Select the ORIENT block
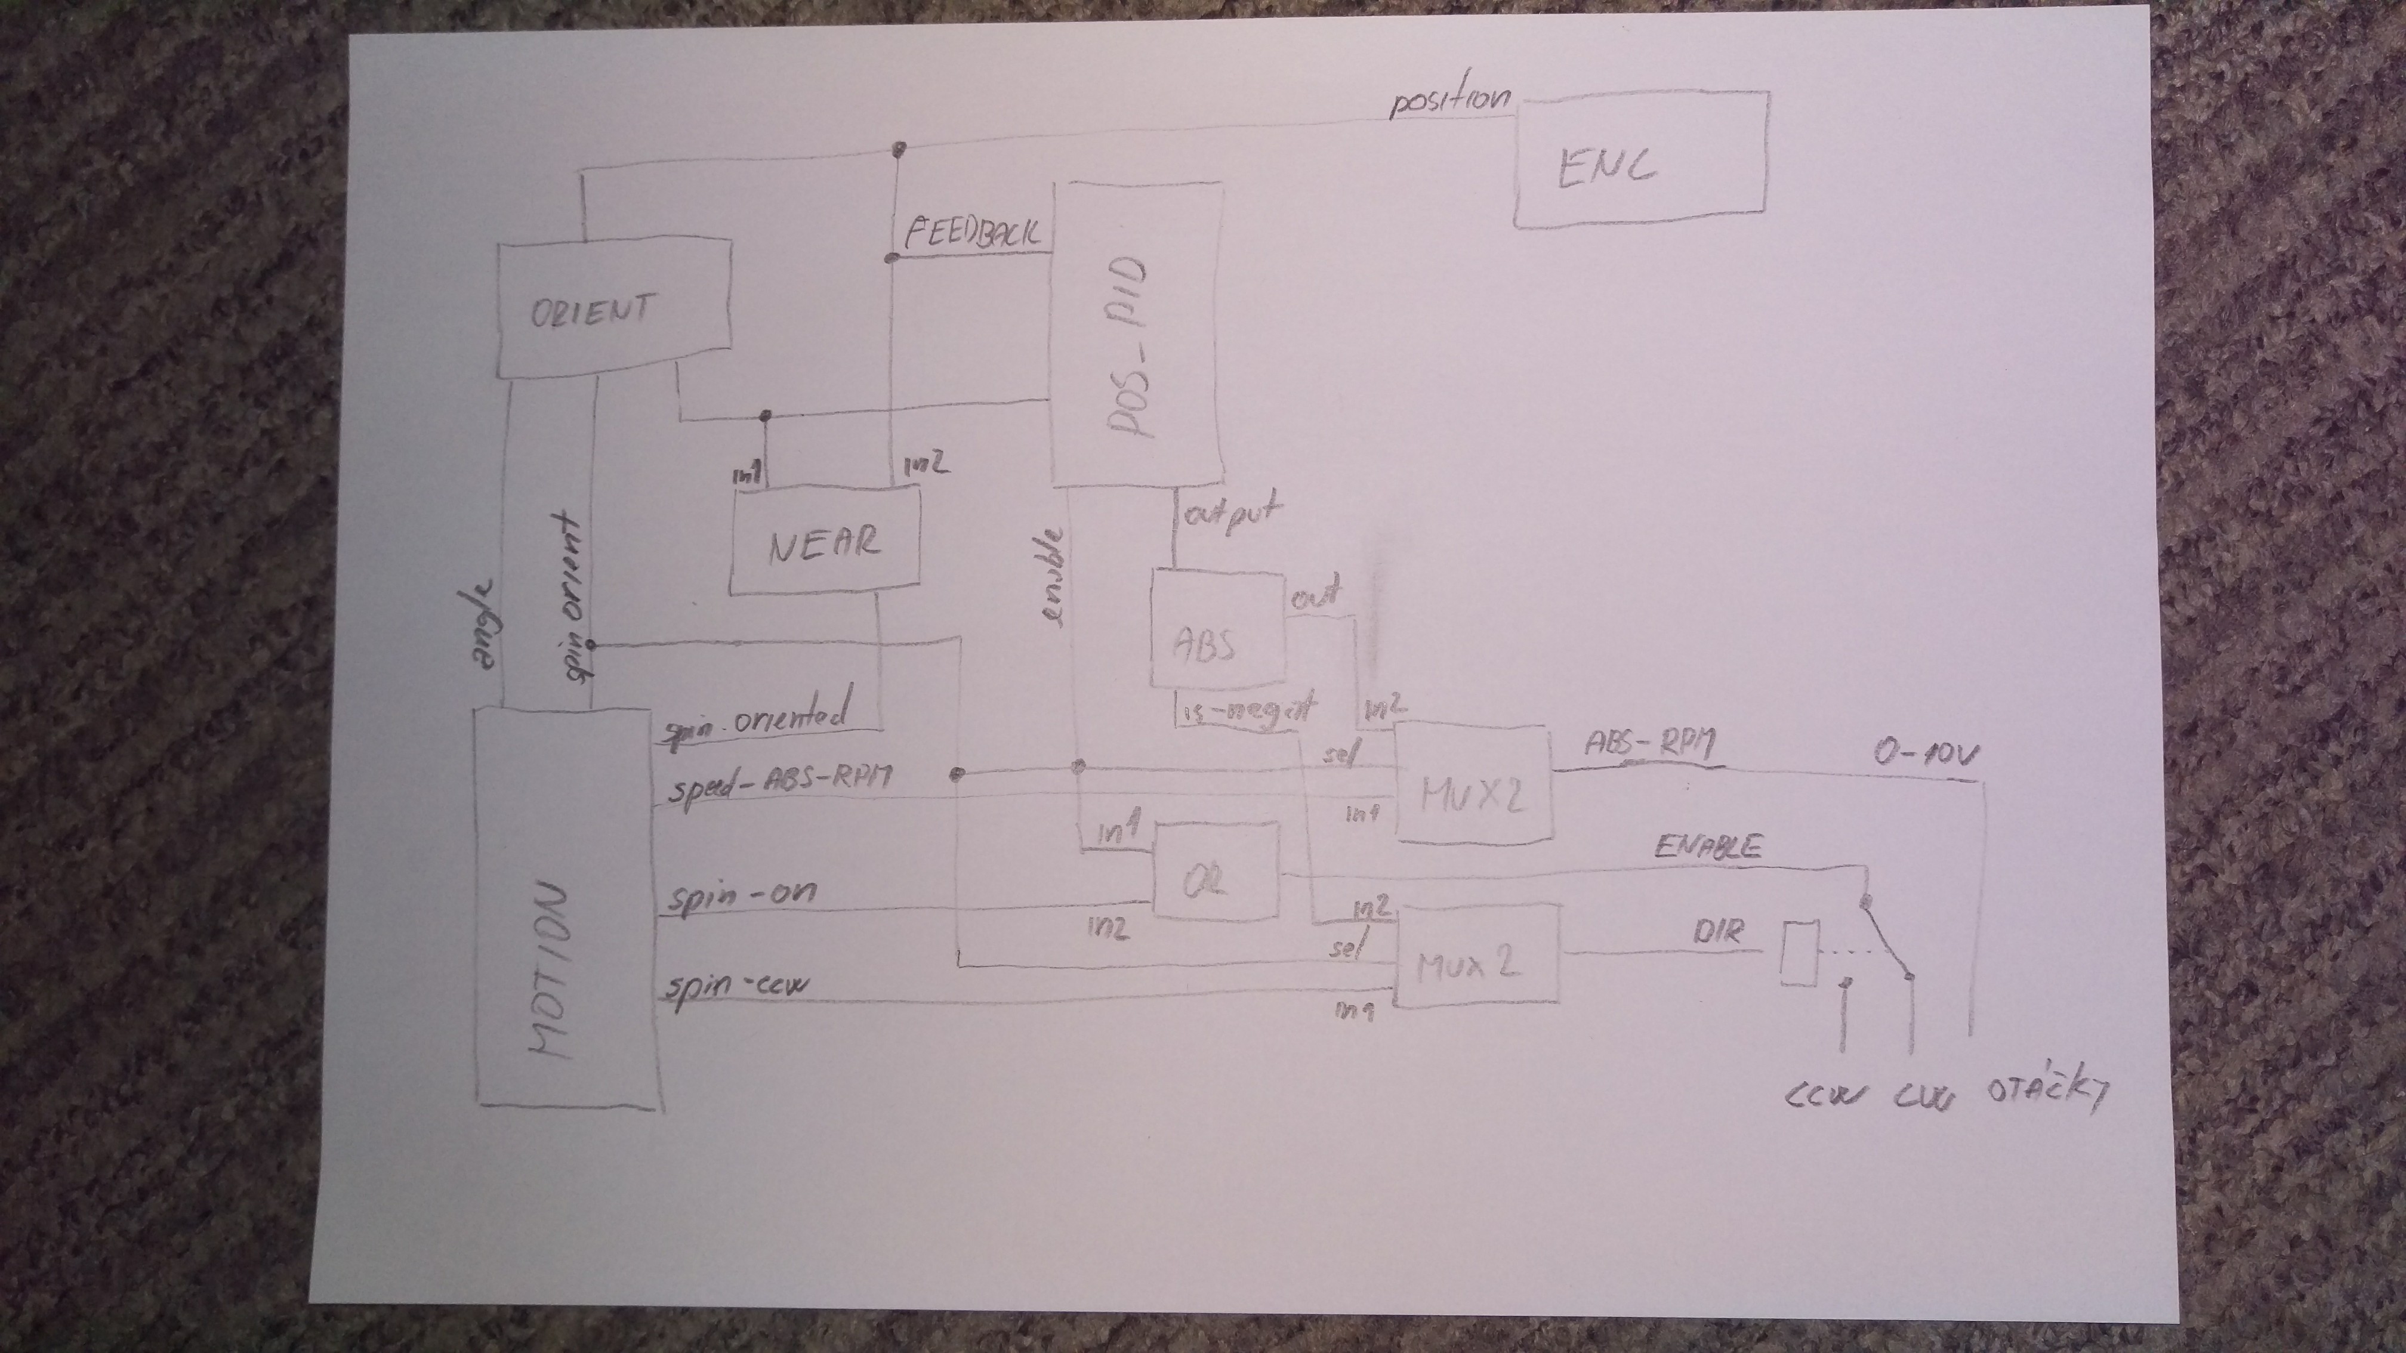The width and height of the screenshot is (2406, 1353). click(x=612, y=310)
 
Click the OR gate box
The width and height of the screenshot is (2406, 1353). click(x=1216, y=870)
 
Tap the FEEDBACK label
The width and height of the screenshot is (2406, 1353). click(x=971, y=231)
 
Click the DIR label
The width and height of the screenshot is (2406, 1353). click(x=1717, y=933)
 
